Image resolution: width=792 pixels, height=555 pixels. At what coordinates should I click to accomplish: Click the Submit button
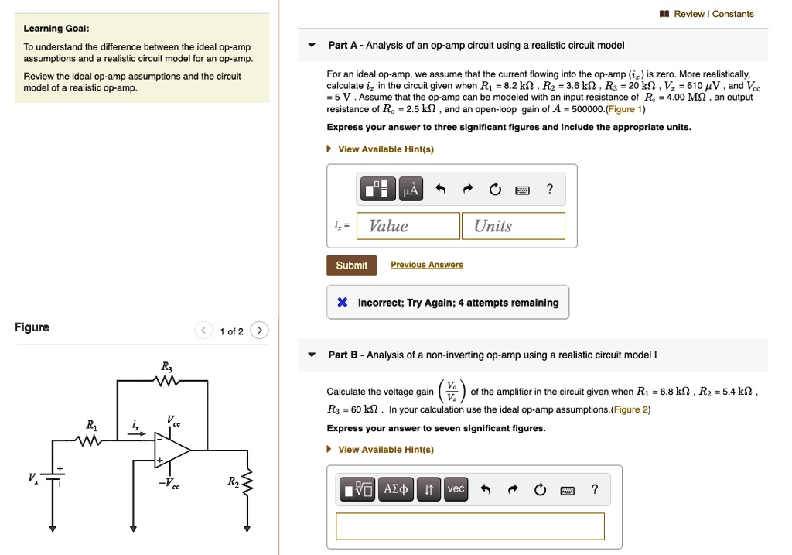click(351, 266)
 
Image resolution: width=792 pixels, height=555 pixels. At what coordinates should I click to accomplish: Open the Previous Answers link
click(427, 265)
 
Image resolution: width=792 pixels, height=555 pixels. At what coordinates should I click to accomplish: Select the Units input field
click(514, 226)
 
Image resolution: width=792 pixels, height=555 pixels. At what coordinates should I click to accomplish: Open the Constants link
click(732, 14)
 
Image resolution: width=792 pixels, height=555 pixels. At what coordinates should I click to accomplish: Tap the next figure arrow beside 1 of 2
click(260, 331)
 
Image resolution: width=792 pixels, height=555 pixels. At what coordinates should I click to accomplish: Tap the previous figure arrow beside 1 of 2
click(204, 331)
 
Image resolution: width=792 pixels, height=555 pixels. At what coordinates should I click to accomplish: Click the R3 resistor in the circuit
click(166, 380)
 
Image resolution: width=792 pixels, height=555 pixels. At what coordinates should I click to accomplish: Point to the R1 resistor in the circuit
click(91, 441)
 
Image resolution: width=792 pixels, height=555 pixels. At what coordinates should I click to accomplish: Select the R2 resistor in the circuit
click(247, 485)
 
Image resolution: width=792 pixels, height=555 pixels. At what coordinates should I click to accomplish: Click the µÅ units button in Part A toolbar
click(411, 189)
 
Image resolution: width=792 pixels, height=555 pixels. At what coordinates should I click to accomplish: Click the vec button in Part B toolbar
click(456, 489)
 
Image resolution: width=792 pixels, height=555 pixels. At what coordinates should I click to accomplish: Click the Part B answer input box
click(469, 526)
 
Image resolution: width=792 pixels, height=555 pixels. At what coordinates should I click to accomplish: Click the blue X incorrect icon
click(342, 303)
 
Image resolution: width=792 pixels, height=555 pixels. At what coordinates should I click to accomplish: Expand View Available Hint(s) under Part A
click(385, 149)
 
